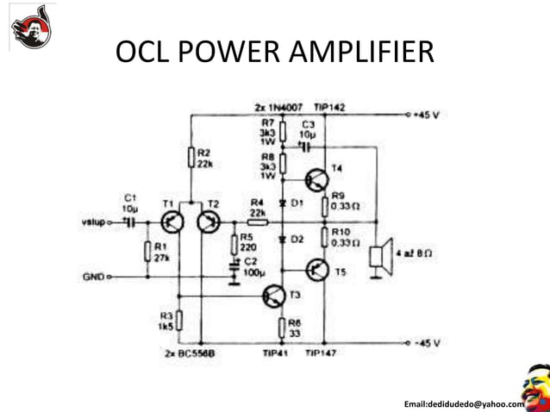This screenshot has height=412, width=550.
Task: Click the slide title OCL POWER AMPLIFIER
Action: coord(274,54)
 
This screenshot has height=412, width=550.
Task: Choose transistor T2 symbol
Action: coord(207,222)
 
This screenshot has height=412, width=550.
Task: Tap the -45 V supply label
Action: coord(427,342)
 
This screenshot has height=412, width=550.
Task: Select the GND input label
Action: coord(92,277)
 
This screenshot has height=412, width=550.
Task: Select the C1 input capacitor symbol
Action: coord(130,222)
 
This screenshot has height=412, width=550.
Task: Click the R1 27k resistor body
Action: coord(147,252)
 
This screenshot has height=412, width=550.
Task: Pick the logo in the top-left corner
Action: coord(31,25)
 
